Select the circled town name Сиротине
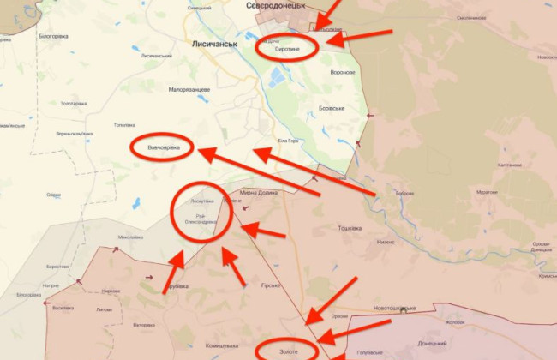[287, 49]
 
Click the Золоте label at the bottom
[288, 351]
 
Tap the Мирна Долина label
[260, 193]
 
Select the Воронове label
[342, 72]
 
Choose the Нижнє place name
[385, 243]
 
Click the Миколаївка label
[129, 237]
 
